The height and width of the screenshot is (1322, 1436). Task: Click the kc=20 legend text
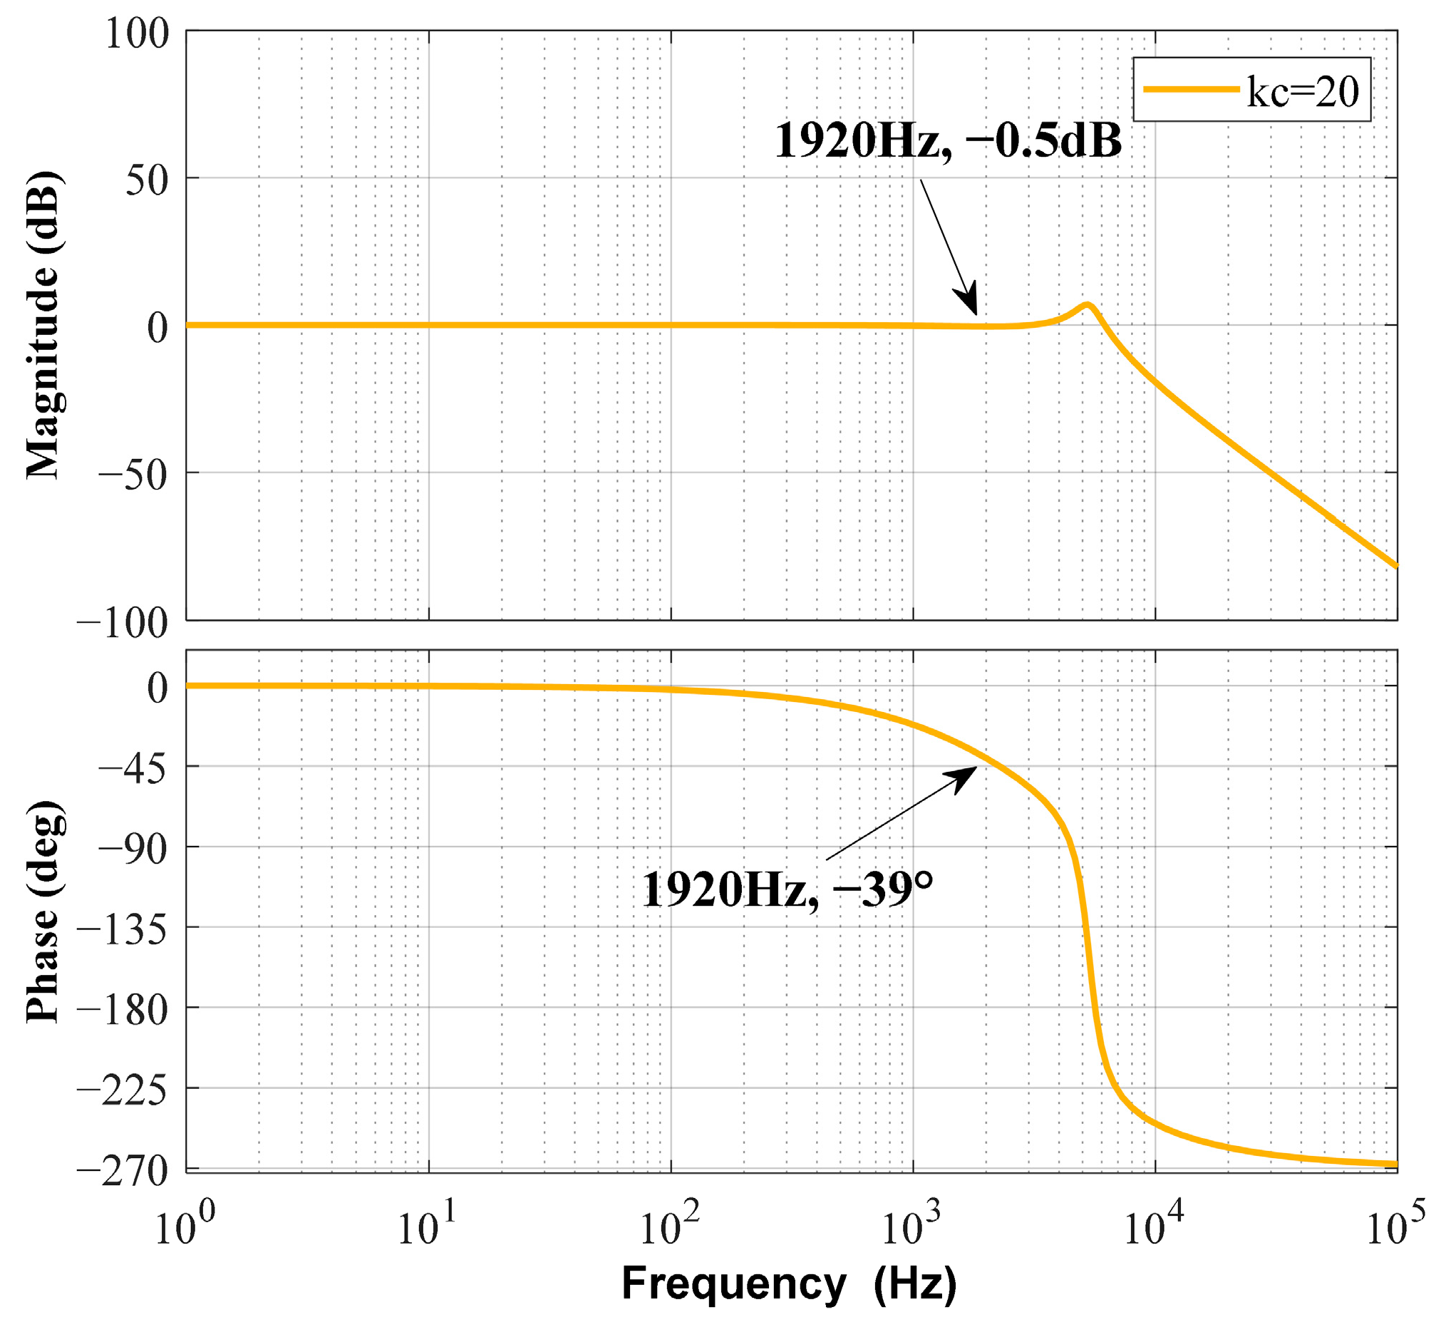click(x=1301, y=92)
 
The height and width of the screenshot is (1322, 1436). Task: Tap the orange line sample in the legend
click(x=1191, y=89)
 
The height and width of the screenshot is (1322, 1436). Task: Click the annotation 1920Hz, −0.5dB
click(x=948, y=141)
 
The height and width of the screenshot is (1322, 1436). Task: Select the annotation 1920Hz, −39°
click(x=787, y=890)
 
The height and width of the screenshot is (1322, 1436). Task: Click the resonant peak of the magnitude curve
click(x=1087, y=306)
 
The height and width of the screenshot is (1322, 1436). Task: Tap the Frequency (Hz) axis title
click(x=789, y=1284)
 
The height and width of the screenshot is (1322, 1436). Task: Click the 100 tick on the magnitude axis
click(x=137, y=33)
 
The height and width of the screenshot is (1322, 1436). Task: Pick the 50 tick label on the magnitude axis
click(x=147, y=180)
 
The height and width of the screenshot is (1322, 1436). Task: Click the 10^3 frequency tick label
click(x=912, y=1227)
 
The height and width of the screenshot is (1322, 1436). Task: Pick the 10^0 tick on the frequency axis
click(x=185, y=1227)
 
